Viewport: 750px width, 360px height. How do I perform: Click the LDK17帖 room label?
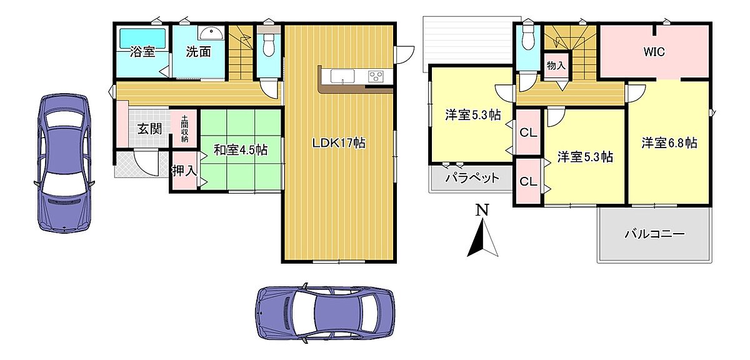(339, 143)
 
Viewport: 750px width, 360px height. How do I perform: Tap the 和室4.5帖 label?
(241, 150)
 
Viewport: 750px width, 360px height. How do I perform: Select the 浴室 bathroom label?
(142, 52)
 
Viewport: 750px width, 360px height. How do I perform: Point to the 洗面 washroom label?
(199, 52)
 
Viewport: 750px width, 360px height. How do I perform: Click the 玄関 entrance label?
(149, 129)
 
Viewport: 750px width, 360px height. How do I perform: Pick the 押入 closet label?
(184, 171)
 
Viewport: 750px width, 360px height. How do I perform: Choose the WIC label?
(654, 52)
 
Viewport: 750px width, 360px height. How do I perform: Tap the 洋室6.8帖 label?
(669, 143)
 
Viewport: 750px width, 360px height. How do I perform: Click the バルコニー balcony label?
(654, 233)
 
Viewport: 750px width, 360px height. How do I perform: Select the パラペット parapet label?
(472, 177)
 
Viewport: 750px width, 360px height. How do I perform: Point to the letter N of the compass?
(482, 209)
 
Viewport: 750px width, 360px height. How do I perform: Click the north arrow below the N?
(482, 237)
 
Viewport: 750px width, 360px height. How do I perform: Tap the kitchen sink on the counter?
(342, 76)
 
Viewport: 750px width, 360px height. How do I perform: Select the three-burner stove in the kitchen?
(376, 76)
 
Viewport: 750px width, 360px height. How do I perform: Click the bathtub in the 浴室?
(142, 39)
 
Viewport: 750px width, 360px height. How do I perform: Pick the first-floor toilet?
(269, 43)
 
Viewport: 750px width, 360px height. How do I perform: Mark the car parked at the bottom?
(325, 314)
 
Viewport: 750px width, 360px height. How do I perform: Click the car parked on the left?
(64, 163)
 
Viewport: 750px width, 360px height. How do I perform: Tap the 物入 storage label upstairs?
(556, 66)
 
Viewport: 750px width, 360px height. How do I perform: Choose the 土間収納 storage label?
(184, 129)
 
